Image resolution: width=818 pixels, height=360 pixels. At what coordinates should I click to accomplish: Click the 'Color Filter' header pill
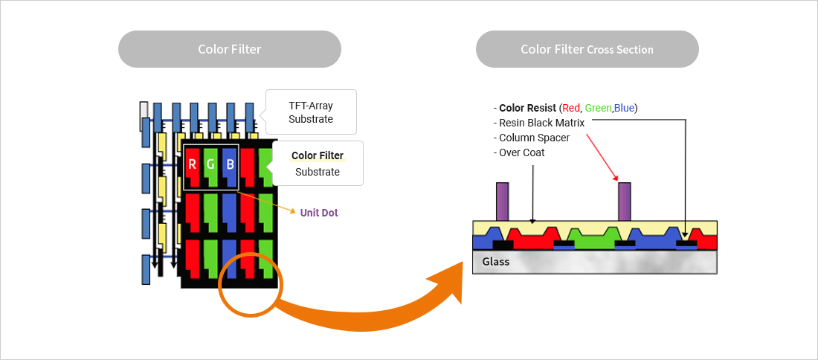click(x=229, y=49)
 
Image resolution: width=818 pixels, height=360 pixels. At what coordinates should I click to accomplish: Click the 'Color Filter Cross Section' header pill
click(x=587, y=49)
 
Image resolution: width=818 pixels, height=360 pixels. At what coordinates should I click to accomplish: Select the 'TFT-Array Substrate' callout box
click(x=311, y=112)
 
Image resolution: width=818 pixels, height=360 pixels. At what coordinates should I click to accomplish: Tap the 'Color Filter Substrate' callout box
click(x=318, y=164)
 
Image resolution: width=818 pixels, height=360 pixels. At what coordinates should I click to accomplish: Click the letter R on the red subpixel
click(x=193, y=164)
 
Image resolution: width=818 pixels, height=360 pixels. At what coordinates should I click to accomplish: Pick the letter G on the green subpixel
click(x=211, y=164)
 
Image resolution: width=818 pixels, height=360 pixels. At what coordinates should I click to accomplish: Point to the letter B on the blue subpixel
click(x=230, y=164)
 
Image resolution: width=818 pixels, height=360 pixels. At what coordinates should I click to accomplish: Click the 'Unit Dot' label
click(x=319, y=213)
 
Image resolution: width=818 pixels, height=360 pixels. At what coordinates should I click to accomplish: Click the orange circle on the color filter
click(x=248, y=285)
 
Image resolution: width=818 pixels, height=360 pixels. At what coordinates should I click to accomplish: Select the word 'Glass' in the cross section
click(x=496, y=262)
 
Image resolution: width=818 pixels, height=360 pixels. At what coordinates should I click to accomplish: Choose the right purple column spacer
click(x=625, y=202)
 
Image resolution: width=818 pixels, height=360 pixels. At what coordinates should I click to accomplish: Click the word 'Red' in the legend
click(x=571, y=108)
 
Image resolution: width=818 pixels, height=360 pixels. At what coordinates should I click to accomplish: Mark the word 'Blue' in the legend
click(x=625, y=108)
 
